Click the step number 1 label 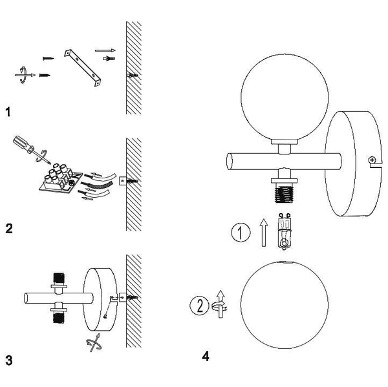click(8, 112)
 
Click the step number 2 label click(9, 229)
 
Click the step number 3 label click(9, 361)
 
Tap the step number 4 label click(206, 357)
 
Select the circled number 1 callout click(241, 232)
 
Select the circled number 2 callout click(199, 306)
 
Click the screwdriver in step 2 click(31, 149)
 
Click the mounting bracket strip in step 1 click(83, 68)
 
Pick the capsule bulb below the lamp click(285, 231)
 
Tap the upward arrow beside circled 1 click(264, 233)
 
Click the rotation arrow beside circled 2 click(220, 304)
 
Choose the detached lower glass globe click(285, 305)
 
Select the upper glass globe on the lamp click(285, 97)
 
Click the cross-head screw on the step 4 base click(372, 160)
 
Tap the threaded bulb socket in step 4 click(284, 194)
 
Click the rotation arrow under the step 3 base click(94, 342)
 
